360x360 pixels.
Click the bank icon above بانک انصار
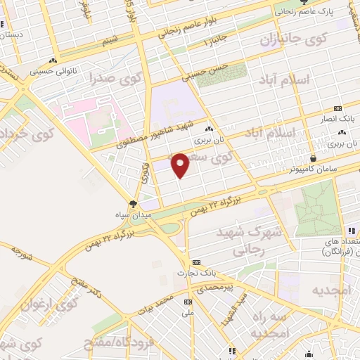click(x=338, y=108)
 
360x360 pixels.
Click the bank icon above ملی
click(x=188, y=302)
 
